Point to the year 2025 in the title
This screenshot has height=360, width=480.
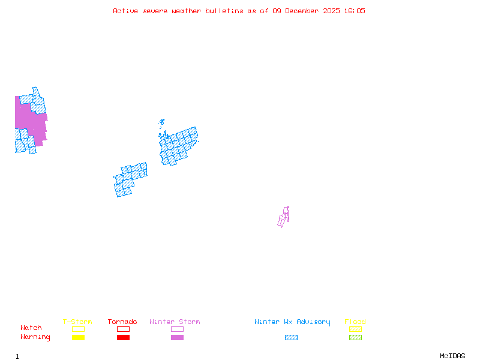pyautogui.click(x=332, y=11)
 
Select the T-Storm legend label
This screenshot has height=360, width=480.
pyautogui.click(x=77, y=322)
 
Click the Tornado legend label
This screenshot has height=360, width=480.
pyautogui.click(x=122, y=322)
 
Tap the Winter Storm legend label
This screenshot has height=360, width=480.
pyautogui.click(x=175, y=322)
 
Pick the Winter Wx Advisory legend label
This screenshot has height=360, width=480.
pyautogui.click(x=292, y=322)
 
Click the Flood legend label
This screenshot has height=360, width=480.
pyautogui.click(x=355, y=322)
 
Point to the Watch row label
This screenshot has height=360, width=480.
pyautogui.click(x=31, y=328)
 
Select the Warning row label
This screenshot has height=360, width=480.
pyautogui.click(x=35, y=337)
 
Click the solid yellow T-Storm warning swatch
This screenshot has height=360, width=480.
pyautogui.click(x=78, y=337)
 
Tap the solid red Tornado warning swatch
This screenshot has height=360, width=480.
pyautogui.click(x=123, y=337)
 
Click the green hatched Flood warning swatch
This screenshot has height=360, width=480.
pyautogui.click(x=355, y=337)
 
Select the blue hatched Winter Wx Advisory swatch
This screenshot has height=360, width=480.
pyautogui.click(x=291, y=337)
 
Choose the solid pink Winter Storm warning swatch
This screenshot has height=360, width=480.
pyautogui.click(x=177, y=337)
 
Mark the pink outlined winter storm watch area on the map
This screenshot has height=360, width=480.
pyautogui.click(x=283, y=217)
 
